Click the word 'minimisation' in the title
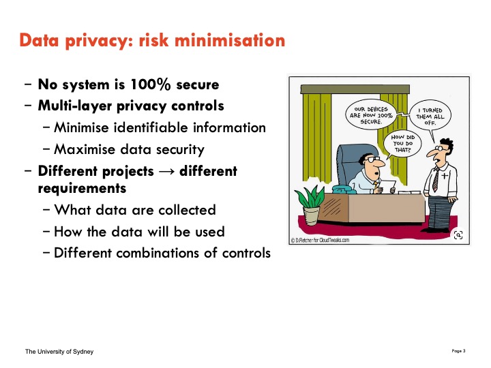(230, 41)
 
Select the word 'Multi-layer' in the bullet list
(74, 106)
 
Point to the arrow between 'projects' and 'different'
(166, 172)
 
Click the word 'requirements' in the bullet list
(82, 188)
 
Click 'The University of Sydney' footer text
(59, 352)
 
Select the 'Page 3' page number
(458, 351)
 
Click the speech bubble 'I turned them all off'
(430, 116)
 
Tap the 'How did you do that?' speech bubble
(403, 143)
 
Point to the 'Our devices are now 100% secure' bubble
(371, 115)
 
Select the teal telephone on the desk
(343, 189)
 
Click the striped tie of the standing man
(436, 180)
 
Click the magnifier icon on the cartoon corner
(458, 234)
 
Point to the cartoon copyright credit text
(320, 240)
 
